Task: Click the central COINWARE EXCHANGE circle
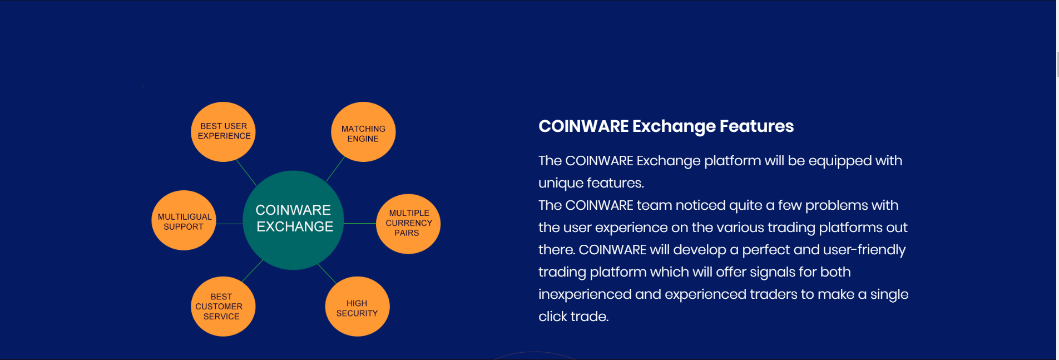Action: (293, 220)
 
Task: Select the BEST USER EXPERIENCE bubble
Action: (223, 132)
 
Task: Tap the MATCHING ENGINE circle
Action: (363, 132)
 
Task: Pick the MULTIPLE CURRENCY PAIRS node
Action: (408, 224)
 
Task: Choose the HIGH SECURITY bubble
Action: (357, 307)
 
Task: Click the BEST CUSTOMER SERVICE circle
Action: (223, 307)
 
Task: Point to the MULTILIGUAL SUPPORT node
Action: (184, 220)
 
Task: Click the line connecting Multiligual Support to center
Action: (230, 224)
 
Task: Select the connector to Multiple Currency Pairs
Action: (360, 224)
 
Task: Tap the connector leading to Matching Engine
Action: (335, 169)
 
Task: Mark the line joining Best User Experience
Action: (246, 172)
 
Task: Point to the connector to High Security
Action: (327, 274)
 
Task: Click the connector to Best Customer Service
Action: (253, 270)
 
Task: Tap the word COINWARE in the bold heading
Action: (583, 126)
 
